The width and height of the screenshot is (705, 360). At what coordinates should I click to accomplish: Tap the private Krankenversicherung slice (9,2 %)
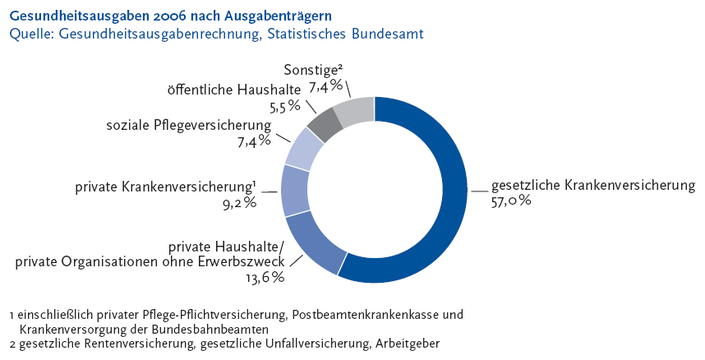[295, 190]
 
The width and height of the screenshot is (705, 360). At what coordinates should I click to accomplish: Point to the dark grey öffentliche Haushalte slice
[325, 122]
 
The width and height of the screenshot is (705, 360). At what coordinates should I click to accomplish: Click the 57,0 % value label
[512, 200]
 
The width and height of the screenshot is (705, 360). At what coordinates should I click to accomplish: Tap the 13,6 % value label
[266, 277]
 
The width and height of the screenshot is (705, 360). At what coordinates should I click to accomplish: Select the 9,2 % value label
[239, 201]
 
